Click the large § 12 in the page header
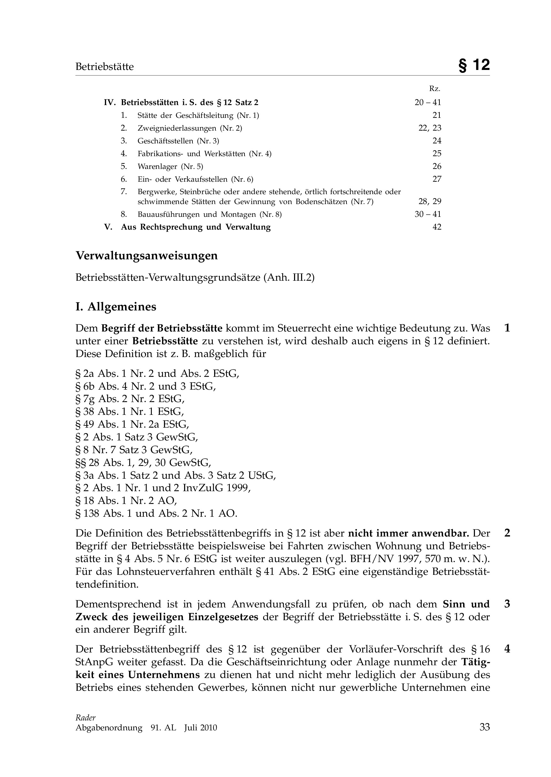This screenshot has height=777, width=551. [474, 65]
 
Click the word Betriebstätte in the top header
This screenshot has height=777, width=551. [105, 67]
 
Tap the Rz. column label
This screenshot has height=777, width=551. [435, 89]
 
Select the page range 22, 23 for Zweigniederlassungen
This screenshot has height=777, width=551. [430, 128]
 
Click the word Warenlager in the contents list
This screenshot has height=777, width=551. [158, 166]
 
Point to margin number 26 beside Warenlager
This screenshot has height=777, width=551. [437, 166]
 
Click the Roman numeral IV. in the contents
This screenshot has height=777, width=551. [110, 103]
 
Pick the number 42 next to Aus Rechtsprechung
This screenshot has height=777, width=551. [437, 227]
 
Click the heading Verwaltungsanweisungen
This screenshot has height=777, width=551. [147, 255]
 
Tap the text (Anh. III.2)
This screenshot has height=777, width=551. [289, 278]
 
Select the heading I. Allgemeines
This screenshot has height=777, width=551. [116, 307]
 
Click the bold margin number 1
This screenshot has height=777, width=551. [507, 328]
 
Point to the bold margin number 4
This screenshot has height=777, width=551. [507, 649]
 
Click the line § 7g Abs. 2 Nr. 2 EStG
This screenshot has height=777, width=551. [130, 399]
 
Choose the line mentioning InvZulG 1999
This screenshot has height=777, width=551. [163, 488]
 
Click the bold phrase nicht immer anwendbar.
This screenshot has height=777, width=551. [408, 533]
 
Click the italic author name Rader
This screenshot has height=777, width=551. [86, 717]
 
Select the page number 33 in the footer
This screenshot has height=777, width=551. [485, 727]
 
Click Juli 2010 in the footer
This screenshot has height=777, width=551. [200, 728]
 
